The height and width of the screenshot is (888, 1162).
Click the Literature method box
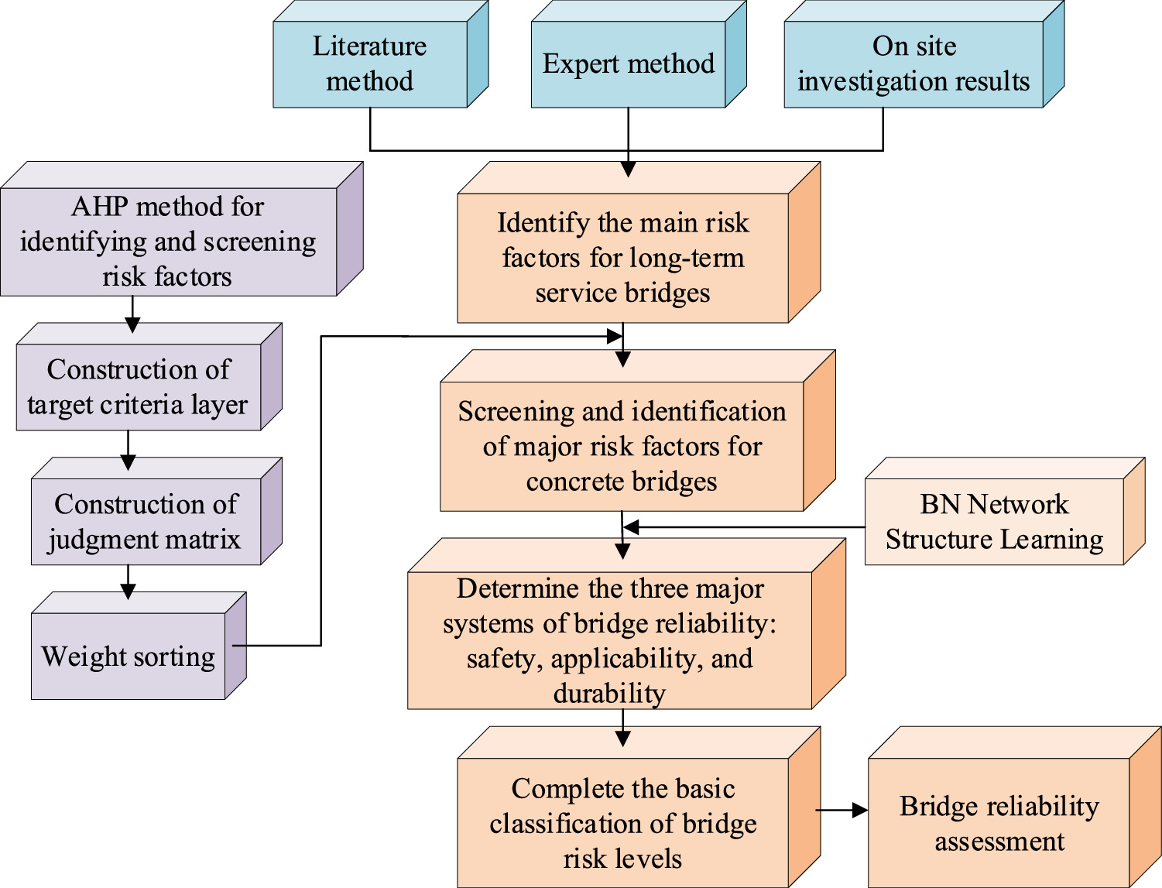coord(370,64)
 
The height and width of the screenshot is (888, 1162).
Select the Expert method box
coord(628,64)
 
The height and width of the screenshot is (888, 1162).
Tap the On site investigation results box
coord(913,64)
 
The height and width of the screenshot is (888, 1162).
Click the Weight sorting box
coord(129,657)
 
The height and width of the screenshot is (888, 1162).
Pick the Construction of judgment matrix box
coord(146,522)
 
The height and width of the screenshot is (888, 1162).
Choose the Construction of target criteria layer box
coord(139,387)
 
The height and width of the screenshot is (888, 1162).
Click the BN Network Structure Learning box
coord(994,522)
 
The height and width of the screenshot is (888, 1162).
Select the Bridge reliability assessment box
coord(999,823)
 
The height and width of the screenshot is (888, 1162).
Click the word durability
coord(609,693)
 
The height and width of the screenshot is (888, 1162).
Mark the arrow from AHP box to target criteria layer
coord(132,315)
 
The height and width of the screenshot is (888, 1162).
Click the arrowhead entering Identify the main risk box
coord(628,169)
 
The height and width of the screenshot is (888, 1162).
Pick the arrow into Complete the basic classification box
coord(622,729)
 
